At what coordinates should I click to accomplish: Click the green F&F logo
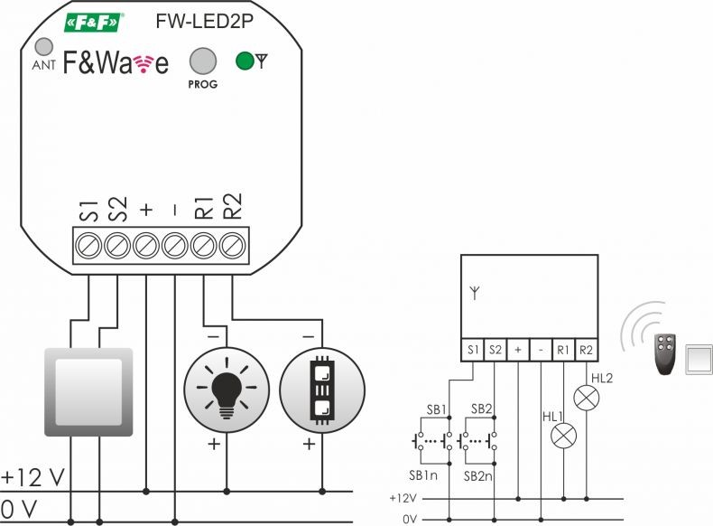pos(94,23)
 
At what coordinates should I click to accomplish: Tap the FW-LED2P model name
pos(204,21)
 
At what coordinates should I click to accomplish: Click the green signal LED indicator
pos(245,61)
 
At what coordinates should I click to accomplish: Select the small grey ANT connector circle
pos(44,46)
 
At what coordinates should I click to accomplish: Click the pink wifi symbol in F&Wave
pos(144,64)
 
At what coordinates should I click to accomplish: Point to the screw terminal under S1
pos(88,246)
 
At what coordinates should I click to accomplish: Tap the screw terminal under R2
pos(232,246)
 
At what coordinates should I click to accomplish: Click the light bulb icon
pos(227,390)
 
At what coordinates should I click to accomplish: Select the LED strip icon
pos(322,390)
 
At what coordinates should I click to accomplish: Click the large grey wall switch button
pos(88,392)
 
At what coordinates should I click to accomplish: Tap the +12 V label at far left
pos(32,478)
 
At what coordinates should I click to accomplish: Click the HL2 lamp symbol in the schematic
pos(587,398)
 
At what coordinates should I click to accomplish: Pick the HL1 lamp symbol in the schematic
pos(563,436)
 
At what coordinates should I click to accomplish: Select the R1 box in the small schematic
pos(563,350)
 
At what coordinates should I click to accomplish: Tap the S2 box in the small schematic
pos(495,350)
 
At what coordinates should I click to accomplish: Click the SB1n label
pos(423,475)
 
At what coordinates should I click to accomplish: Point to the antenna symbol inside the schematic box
pos(475,293)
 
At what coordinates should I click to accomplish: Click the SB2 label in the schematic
pos(482,409)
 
